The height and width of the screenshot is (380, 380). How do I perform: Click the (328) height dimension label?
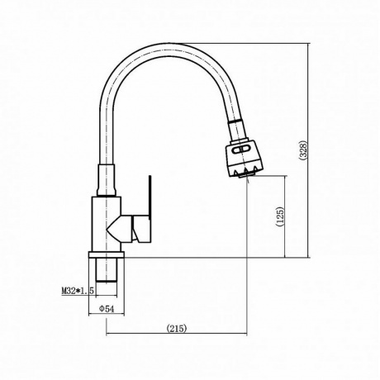pos(303,150)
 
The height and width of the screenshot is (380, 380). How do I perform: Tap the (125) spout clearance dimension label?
pos(279,217)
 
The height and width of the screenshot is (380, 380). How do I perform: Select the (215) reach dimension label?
pos(177,328)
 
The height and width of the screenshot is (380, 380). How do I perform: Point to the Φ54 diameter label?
pos(107,309)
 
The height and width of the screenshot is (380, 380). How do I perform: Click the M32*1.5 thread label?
pos(78,291)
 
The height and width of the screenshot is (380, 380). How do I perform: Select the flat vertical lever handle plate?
pos(150,197)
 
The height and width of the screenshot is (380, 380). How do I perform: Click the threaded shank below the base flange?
pos(107,270)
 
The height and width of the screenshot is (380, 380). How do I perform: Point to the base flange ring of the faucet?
pos(107,254)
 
